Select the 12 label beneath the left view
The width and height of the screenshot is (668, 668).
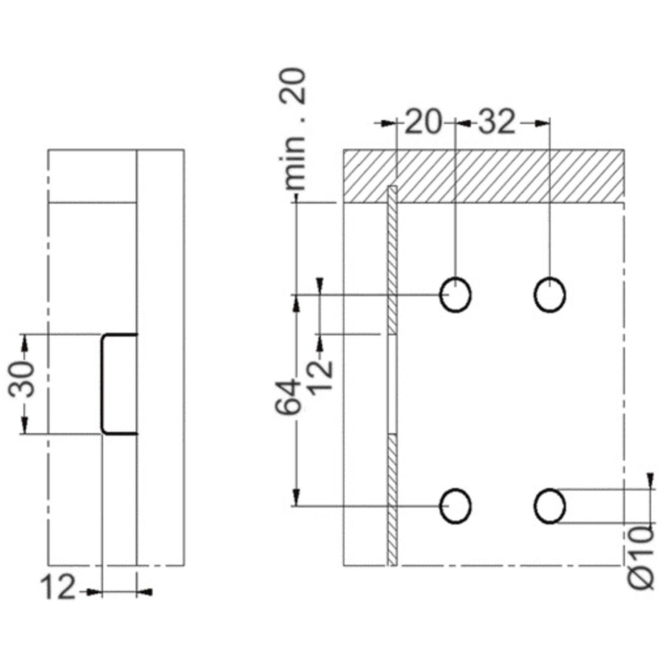58,588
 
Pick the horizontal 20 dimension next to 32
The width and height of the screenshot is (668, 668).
423,122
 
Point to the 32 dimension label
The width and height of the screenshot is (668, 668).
497,122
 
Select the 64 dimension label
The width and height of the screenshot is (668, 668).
288,396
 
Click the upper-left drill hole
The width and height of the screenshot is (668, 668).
455,295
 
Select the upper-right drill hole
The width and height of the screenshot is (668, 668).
550,295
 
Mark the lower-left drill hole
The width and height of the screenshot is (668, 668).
455,506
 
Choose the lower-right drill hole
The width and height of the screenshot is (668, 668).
550,506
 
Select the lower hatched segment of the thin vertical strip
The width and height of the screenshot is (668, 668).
392,499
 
